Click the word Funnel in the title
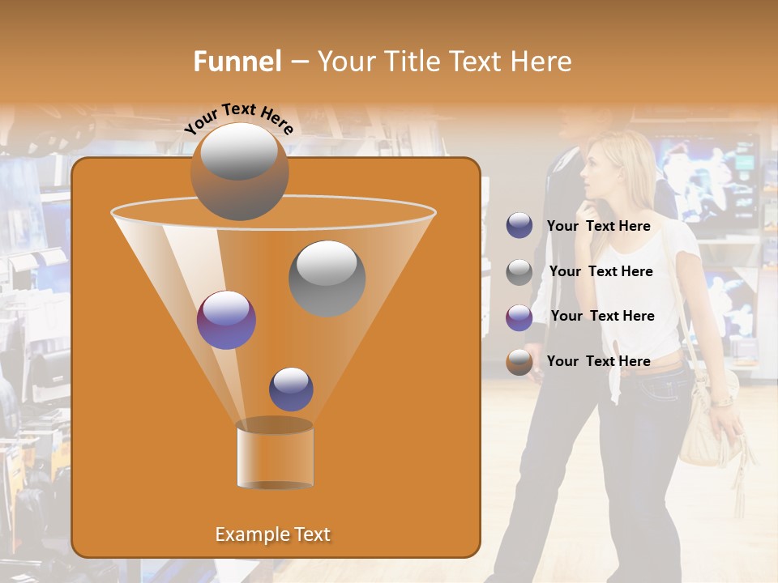pos(237,62)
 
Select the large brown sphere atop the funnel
pos(239,171)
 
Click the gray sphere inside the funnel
pos(327,278)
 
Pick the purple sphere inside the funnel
pos(226,320)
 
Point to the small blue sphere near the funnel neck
pos(291,389)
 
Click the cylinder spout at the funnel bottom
pos(275,456)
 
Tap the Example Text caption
pos(272,534)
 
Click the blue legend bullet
pos(519,226)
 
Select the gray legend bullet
pos(519,272)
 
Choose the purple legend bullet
pos(519,317)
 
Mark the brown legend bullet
pos(519,362)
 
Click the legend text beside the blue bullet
pos(598,227)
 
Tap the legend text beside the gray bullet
pos(601,272)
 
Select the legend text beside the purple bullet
pos(602,316)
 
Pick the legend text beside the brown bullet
pos(598,361)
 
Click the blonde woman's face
pos(597,174)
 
